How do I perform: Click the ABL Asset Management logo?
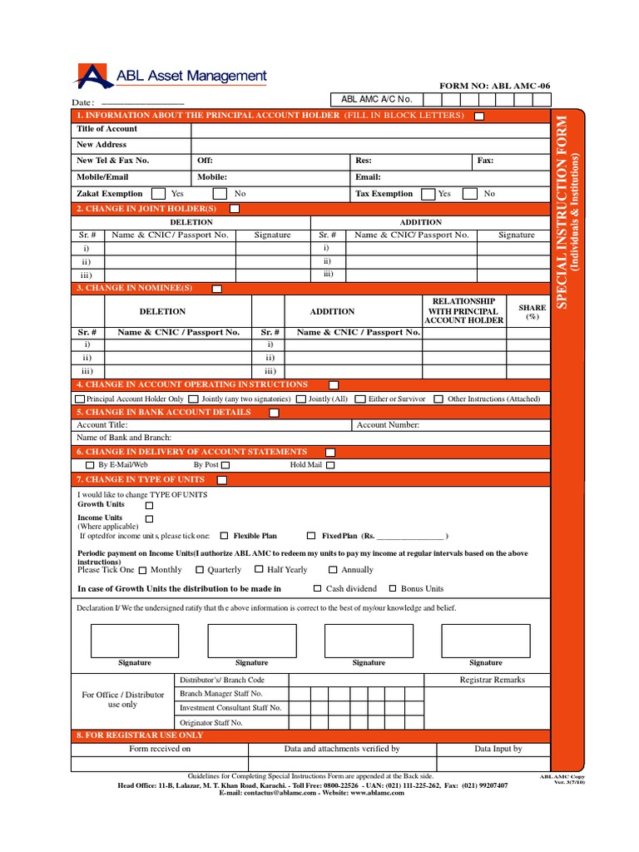tap(171, 77)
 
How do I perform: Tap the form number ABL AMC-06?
tap(494, 87)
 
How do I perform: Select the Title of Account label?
tap(107, 129)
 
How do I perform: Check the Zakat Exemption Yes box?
tap(158, 194)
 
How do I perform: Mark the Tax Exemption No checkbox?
tap(470, 194)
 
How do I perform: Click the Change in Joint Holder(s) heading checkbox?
tap(235, 209)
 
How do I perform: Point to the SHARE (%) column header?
tap(532, 312)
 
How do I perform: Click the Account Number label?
tap(388, 425)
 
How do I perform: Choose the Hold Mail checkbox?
tap(330, 466)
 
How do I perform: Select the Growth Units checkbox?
tap(149, 505)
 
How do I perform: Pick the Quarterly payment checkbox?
tap(199, 570)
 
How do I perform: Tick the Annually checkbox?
tap(332, 570)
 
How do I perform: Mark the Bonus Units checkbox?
tap(394, 588)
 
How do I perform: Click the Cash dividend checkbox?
tap(317, 588)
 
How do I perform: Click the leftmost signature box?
tap(134, 641)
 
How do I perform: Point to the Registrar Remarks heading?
tap(493, 680)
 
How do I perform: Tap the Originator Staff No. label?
tap(211, 723)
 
